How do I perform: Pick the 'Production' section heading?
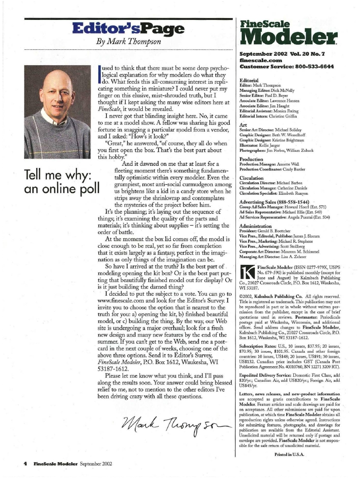click(252, 159)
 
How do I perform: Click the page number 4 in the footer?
click(20, 464)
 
